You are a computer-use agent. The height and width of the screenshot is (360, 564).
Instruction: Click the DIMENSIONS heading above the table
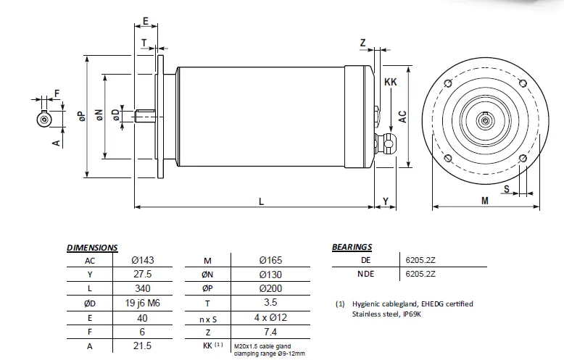click(91, 248)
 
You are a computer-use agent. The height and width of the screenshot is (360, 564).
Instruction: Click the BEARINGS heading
click(352, 247)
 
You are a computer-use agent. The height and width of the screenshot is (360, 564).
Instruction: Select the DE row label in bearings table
click(365, 260)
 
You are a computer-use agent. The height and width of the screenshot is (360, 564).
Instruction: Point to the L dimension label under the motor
click(261, 202)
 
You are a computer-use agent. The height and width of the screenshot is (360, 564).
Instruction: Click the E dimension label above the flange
click(146, 20)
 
